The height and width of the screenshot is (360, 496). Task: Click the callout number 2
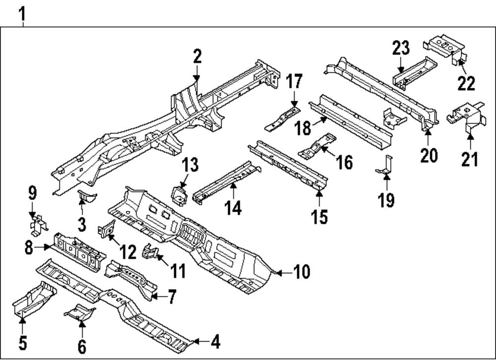197,57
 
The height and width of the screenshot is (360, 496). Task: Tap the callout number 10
301,272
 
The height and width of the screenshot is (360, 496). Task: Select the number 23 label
401,49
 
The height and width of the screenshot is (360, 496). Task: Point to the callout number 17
294,81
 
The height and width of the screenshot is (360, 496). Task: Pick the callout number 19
386,200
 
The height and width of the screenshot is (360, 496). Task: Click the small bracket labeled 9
37,224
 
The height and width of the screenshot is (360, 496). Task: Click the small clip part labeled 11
149,251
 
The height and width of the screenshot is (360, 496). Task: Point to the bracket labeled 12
107,230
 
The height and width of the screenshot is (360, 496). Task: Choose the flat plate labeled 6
79,311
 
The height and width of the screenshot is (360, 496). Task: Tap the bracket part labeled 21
464,116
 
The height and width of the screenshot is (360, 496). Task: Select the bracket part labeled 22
446,48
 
